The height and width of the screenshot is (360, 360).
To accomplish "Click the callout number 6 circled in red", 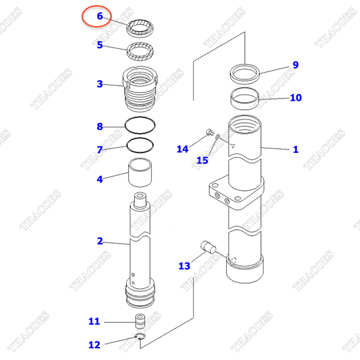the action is [100, 16].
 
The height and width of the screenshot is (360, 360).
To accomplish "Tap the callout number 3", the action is [100, 84].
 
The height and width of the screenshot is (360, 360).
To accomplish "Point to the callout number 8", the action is [100, 127].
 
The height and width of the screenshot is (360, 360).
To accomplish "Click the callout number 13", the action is [184, 266].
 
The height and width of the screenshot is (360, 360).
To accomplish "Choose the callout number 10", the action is [295, 98].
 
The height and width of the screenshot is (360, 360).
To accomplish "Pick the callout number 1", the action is [295, 149].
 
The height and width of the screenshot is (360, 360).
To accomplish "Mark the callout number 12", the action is [94, 344].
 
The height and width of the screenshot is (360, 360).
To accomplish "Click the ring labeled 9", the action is [244, 74].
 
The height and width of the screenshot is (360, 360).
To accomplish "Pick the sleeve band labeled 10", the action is [244, 97].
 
